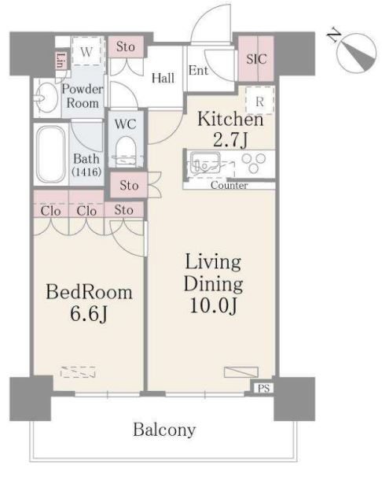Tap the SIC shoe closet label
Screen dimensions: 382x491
coord(256,59)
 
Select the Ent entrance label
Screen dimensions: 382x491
coord(198,71)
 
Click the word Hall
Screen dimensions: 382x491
coord(163,78)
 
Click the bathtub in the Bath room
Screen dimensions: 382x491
coord(51,155)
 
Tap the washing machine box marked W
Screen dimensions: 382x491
coord(86,51)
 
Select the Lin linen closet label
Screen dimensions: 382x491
coord(61,61)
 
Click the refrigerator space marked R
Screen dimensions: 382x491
coord(259,100)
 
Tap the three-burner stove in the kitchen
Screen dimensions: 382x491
coord(254,163)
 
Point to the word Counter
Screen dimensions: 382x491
coord(230,185)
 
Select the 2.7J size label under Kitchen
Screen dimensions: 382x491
coord(230,140)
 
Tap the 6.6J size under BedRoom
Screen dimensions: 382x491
coord(89,313)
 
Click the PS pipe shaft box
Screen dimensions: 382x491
coord(264,388)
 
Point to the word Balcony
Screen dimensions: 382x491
coord(164,430)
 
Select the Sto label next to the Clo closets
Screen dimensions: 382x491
coord(124,210)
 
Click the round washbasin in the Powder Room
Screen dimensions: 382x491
coord(47,98)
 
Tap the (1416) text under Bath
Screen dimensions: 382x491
coord(86,172)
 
